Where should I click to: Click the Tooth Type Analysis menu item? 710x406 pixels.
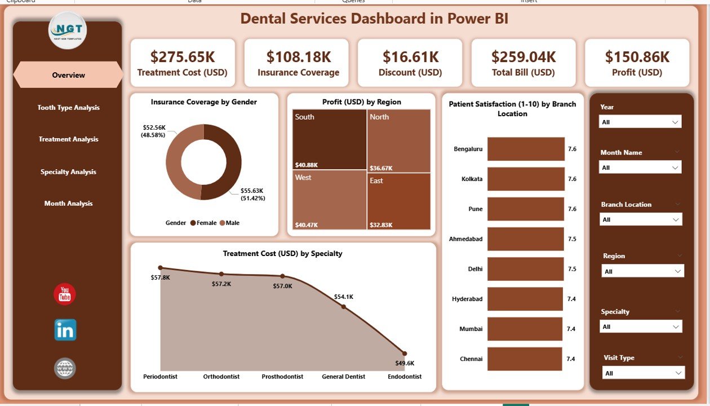[68, 108]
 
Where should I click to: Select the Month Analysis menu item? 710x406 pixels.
[68, 204]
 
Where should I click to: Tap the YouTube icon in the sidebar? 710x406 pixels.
[65, 294]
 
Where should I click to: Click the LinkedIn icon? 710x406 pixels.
[65, 330]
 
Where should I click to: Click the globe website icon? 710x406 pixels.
[65, 368]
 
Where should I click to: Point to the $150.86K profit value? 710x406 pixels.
[637, 56]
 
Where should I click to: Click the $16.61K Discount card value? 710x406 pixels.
[410, 56]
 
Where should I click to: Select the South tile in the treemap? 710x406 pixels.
[330, 139]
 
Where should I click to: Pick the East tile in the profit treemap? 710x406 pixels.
[399, 201]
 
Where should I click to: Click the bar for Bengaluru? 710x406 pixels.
[525, 149]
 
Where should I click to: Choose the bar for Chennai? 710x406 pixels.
[525, 359]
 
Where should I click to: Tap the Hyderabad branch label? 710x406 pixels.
[467, 299]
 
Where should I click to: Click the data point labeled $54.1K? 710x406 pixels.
[343, 307]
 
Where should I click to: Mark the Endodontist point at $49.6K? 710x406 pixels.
[404, 354]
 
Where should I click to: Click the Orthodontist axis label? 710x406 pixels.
[221, 377]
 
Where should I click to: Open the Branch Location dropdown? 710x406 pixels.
[641, 219]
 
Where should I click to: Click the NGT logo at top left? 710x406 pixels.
[67, 30]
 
